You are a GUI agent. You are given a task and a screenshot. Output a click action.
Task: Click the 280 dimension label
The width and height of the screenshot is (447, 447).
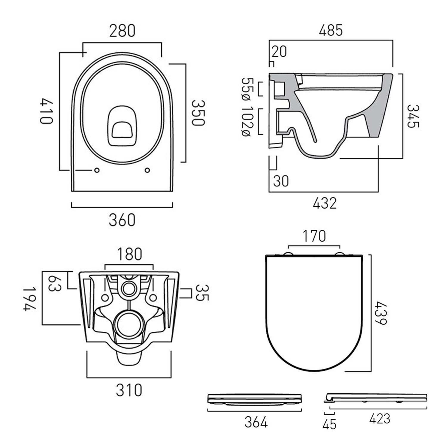[122, 31]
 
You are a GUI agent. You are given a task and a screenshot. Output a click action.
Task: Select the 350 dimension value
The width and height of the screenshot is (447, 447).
[198, 113]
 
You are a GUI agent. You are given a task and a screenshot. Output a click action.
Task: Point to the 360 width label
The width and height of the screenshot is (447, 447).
[122, 220]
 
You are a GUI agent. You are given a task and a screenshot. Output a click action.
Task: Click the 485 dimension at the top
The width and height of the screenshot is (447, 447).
[331, 31]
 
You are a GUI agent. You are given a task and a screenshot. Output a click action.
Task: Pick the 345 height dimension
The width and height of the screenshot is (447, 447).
[413, 116]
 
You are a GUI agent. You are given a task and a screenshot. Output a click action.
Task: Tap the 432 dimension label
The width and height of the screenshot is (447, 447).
[325, 203]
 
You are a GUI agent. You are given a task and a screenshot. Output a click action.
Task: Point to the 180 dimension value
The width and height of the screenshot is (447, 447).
[129, 254]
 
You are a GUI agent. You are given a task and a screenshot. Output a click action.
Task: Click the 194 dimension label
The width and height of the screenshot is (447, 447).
[30, 299]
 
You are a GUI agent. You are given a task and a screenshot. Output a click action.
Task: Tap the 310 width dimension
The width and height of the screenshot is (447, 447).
[129, 390]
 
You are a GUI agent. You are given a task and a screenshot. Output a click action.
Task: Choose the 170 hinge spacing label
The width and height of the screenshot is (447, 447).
[314, 236]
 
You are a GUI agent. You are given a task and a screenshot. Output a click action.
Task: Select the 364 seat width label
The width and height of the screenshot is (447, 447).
[256, 422]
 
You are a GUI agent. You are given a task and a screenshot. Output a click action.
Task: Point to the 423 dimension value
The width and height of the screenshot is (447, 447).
[379, 419]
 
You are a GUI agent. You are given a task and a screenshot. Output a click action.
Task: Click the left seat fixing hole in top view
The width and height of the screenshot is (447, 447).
[97, 170]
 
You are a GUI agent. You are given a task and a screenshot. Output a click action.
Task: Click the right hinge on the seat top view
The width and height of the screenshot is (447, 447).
[339, 254]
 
